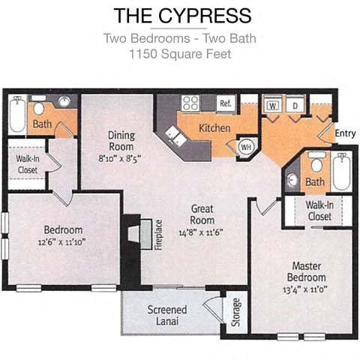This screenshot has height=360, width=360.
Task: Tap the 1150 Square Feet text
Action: point(179,54)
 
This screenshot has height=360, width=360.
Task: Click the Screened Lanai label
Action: point(166,316)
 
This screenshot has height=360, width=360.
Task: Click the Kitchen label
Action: point(214,128)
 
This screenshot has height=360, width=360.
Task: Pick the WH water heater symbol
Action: point(245,146)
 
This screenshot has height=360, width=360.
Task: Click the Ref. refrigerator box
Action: point(225,103)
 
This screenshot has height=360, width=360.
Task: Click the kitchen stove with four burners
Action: point(190,103)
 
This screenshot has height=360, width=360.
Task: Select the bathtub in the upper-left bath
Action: point(16,114)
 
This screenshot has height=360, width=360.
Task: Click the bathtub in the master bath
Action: point(341,172)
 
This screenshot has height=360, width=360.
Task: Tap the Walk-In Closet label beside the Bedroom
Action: point(28,165)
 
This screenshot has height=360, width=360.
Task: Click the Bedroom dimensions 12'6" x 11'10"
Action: point(63,241)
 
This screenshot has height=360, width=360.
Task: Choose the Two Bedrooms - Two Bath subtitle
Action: point(179,39)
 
